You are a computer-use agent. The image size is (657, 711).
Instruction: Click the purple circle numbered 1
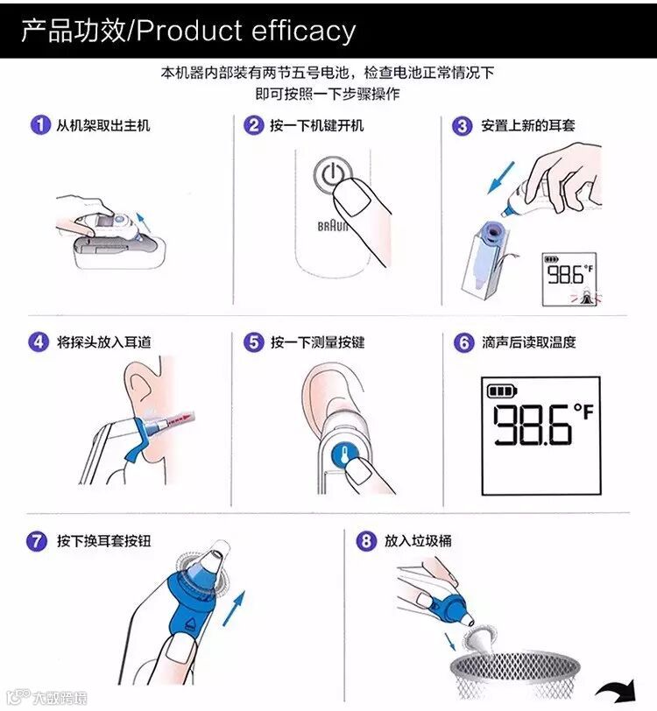point(40,124)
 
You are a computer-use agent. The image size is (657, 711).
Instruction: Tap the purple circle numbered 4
point(39,341)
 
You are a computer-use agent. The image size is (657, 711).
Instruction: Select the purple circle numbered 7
point(36,541)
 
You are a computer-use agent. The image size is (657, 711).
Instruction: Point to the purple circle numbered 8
point(366,540)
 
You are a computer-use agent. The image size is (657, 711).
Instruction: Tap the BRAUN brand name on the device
point(332,226)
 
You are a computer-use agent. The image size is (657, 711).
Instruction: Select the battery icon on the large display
point(502,391)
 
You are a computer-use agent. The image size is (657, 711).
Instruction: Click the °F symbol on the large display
point(584,412)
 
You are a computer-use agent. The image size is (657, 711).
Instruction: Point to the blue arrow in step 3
point(501,178)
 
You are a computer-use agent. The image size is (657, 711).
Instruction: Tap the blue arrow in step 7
point(234,609)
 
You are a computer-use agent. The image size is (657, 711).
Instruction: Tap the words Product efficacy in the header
point(246,31)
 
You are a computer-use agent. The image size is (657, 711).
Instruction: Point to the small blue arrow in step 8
point(450,642)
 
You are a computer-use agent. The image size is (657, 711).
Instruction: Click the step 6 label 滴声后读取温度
point(528,342)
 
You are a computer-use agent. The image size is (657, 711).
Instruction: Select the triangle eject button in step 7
point(191,624)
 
